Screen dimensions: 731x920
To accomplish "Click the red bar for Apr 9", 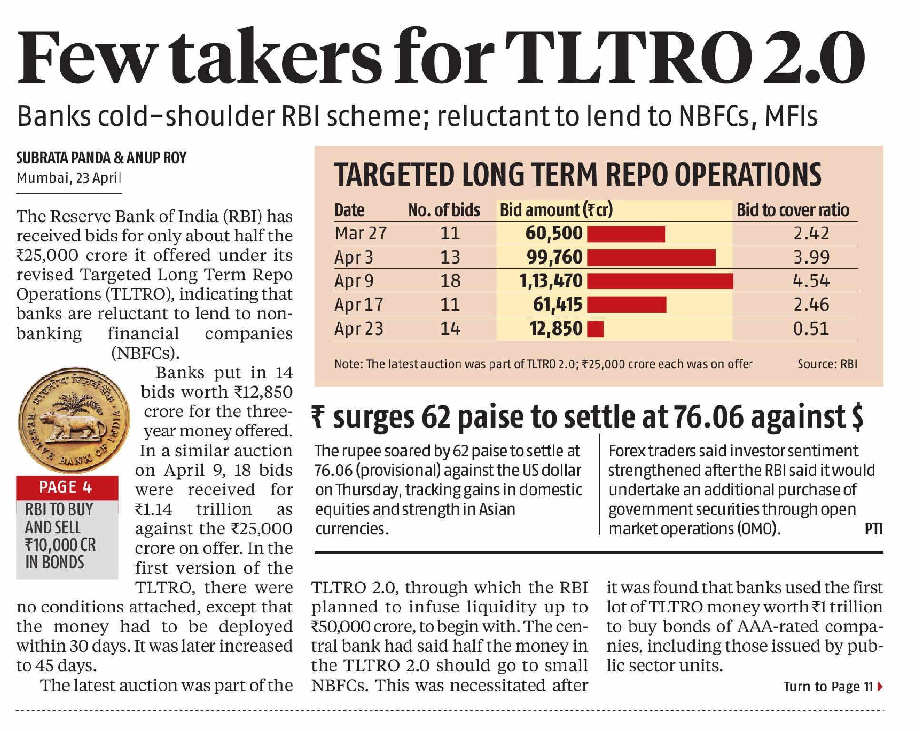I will [660, 281].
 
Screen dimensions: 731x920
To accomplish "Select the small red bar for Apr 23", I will [596, 329].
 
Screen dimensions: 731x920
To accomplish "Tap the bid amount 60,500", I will [554, 233].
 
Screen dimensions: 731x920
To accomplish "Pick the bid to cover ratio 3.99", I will [811, 257].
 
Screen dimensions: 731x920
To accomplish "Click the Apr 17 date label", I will [359, 305].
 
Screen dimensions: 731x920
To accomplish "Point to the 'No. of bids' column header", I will [444, 210].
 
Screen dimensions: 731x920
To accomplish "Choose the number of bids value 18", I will [450, 281].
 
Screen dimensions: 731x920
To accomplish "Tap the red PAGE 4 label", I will [66, 487].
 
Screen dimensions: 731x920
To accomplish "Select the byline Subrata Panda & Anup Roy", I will [101, 158].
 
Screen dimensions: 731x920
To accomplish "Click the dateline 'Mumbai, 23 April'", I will [69, 178].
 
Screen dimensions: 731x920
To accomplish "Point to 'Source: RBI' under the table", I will [827, 364].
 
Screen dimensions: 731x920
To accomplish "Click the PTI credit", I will [873, 529].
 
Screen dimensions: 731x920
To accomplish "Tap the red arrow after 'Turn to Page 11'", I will [880, 686].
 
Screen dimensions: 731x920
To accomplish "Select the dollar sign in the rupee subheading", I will [857, 417].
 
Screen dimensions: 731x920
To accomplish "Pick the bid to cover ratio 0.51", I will [811, 329].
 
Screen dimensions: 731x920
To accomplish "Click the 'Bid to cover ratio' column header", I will [793, 210].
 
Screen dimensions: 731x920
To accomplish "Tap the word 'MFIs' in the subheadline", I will [791, 116].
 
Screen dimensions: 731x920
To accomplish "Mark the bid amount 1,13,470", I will [551, 281].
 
